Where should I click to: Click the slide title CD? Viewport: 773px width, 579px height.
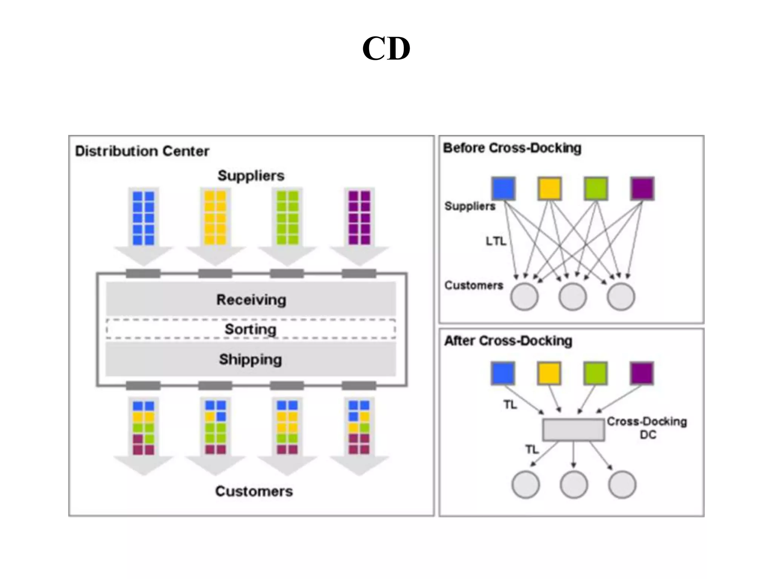(386, 49)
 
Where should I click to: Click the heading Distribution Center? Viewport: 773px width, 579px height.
(142, 151)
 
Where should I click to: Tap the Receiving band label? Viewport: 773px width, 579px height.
(251, 300)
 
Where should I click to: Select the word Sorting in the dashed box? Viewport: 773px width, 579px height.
(251, 329)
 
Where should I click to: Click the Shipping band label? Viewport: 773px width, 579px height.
(251, 359)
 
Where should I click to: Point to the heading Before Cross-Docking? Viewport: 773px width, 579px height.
(512, 148)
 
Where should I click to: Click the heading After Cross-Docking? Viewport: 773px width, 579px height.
(508, 341)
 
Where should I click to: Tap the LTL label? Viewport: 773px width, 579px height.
(496, 241)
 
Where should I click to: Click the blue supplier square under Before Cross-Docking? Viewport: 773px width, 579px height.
(504, 188)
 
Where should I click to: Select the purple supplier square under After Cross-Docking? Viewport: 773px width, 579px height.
(642, 373)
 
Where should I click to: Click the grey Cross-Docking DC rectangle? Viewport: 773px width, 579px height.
(573, 429)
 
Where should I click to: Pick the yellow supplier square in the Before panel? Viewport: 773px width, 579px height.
(550, 188)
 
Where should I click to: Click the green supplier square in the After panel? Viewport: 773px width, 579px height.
(595, 373)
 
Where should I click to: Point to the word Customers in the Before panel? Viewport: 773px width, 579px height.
(474, 285)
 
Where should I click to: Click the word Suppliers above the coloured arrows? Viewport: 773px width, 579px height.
(251, 176)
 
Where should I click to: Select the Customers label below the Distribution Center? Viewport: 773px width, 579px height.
(254, 491)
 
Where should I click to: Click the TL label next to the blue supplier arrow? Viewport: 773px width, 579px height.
(510, 404)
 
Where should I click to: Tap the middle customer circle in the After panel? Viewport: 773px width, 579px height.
(574, 485)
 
